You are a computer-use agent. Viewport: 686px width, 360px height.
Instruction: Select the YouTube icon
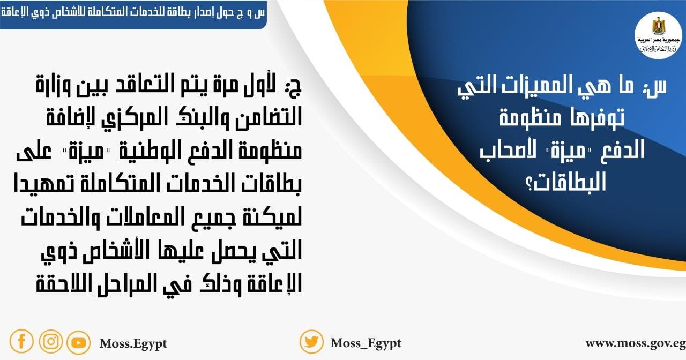tap(79, 342)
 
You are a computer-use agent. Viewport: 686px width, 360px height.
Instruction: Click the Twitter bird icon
tap(311, 342)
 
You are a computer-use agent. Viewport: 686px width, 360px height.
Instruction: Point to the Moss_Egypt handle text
tap(366, 343)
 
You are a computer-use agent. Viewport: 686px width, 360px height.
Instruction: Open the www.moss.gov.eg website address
tap(635, 343)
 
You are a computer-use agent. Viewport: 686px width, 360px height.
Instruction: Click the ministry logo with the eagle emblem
tap(658, 35)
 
